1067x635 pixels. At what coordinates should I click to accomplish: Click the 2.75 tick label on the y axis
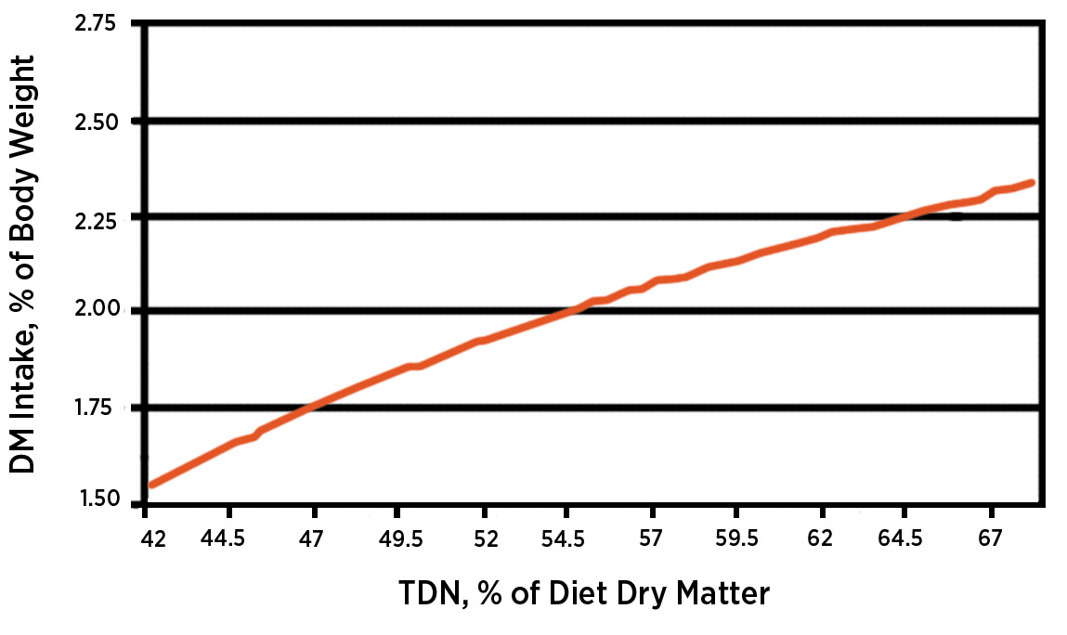tap(97, 23)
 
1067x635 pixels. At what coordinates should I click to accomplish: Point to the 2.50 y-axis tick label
tap(97, 123)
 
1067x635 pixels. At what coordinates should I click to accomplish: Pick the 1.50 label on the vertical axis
tap(97, 500)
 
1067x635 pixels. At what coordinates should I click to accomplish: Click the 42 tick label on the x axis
tap(154, 539)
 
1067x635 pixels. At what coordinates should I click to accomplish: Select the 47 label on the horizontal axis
tap(313, 539)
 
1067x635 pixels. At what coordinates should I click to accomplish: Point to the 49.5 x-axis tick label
tap(400, 539)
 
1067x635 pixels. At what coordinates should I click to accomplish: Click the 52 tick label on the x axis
tap(486, 539)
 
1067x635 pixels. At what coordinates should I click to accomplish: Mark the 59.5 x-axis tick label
tap(736, 539)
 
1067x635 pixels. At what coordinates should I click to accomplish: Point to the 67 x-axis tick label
tap(991, 539)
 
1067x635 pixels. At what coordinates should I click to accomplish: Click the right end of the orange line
tap(1031, 183)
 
